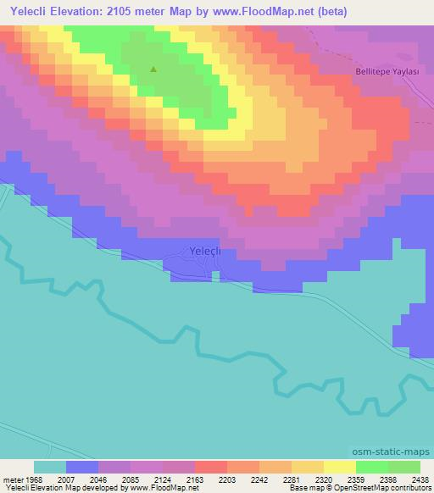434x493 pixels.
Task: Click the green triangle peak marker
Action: tap(153, 69)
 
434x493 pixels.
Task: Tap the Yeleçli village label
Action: tap(204, 251)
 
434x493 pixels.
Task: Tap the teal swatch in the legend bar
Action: tap(49, 467)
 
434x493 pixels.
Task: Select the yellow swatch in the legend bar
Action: tap(339, 467)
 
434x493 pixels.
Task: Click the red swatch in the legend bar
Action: tap(210, 467)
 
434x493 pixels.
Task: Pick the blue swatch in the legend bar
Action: tap(81, 467)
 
